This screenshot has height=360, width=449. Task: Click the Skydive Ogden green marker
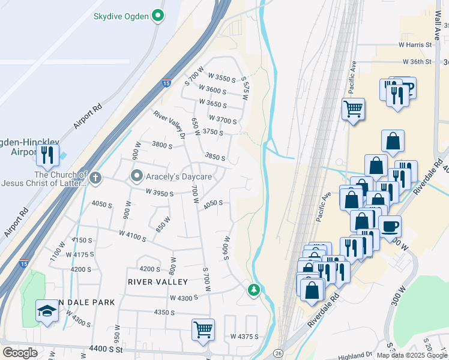[x=158, y=16]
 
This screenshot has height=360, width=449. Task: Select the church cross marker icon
[x=96, y=177]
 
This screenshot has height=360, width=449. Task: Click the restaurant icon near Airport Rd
[x=47, y=155]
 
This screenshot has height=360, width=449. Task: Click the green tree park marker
[x=254, y=290]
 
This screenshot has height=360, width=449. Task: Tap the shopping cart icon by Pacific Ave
[x=353, y=109]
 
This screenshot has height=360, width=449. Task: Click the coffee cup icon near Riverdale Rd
[x=390, y=227]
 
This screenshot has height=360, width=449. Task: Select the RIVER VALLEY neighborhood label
[x=158, y=281]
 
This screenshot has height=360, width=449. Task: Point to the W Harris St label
[x=415, y=45]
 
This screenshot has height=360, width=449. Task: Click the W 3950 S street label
[x=159, y=193]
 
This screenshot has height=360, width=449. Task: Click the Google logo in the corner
[x=19, y=353]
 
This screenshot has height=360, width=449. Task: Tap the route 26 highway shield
[x=277, y=353]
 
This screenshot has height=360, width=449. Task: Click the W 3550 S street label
[x=221, y=78]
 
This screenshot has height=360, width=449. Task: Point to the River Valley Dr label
[x=170, y=125]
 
